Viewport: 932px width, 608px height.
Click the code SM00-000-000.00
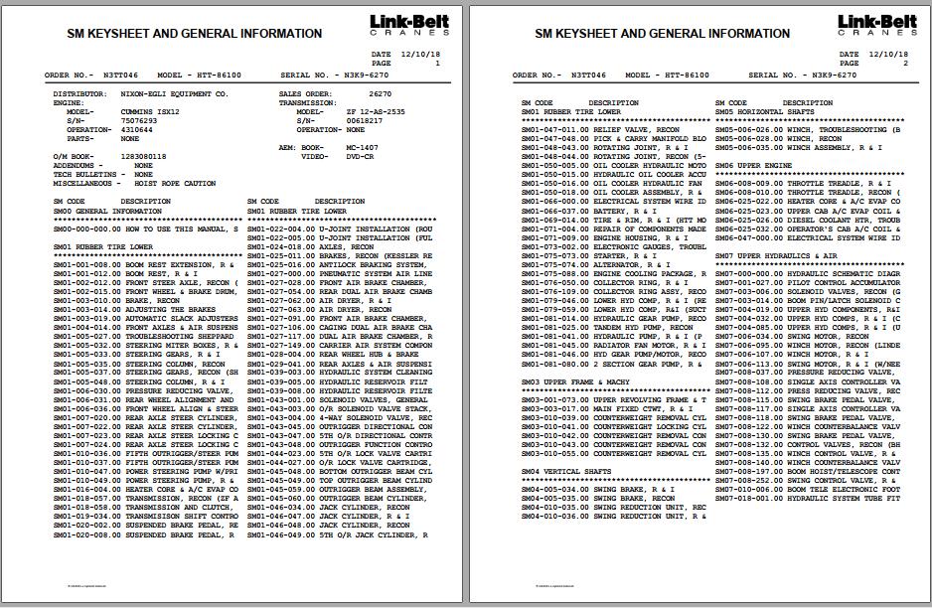pos(87,228)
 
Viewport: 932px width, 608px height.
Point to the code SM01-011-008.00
pos(87,264)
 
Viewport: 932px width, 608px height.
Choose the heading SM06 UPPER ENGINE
pos(753,165)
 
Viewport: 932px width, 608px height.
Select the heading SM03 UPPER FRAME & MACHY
pos(575,380)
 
